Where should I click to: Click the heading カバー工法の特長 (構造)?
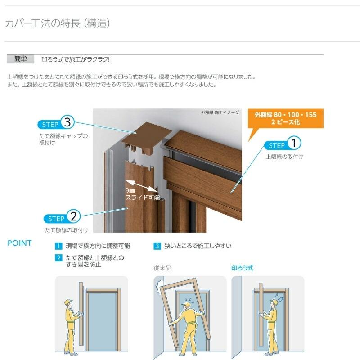coord(57,24)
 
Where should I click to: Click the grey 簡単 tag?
coord(21,59)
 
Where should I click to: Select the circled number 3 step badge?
coord(67,122)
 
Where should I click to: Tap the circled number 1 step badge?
coord(293,143)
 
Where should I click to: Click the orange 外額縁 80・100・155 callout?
coord(285,118)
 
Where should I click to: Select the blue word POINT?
coord(20,243)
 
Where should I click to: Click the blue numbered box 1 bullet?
coord(58,246)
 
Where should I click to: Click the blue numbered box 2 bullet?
coord(58,258)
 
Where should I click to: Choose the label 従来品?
coord(162,268)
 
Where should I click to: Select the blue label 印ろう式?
coord(242,268)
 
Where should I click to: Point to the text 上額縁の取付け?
coord(284,157)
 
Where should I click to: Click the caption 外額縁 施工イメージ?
coord(220,113)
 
